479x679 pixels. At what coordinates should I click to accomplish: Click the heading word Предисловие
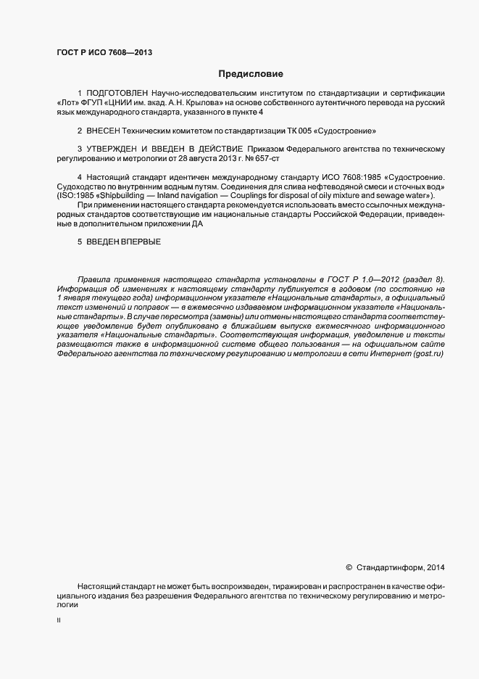coord(251,74)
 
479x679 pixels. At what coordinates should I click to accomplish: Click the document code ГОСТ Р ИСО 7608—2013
coord(104,52)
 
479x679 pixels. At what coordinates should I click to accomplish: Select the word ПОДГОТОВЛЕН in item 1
coord(117,94)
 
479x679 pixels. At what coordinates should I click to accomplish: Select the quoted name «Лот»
coord(69,103)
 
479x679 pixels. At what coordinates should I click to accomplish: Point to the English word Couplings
coord(267,196)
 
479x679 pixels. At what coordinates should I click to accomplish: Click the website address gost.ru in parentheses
coord(428,353)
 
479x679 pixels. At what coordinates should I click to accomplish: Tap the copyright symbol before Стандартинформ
coord(349,567)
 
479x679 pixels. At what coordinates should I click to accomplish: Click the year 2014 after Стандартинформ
coord(436,567)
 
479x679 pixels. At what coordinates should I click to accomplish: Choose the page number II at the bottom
coord(59,620)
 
